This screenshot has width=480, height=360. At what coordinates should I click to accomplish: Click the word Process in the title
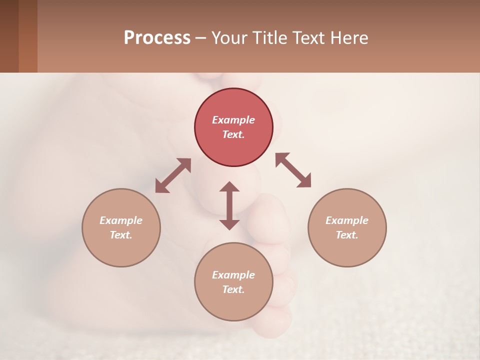[157, 37]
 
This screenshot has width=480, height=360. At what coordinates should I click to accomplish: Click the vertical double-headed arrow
[229, 205]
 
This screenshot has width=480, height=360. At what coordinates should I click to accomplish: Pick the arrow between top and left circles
[173, 175]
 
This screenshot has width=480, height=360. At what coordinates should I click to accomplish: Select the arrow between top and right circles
[293, 170]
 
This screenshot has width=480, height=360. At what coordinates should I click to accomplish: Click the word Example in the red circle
[233, 120]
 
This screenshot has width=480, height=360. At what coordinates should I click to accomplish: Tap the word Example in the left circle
[121, 220]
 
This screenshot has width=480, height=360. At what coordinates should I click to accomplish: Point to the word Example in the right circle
[347, 220]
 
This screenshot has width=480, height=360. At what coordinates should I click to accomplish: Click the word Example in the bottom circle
[233, 275]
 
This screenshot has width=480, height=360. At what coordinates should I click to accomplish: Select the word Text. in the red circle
[233, 134]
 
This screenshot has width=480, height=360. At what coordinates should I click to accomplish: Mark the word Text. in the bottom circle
[233, 289]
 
